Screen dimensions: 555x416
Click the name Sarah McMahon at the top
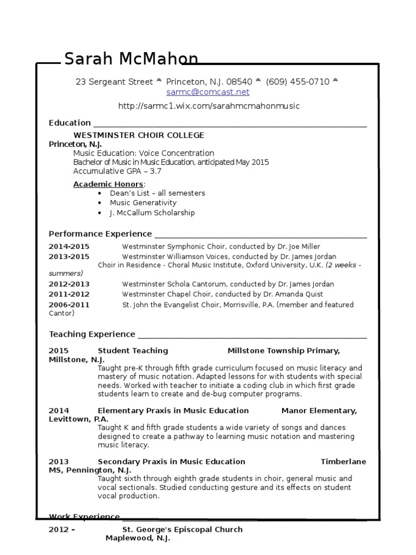[x=131, y=59]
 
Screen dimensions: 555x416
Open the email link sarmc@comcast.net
[x=207, y=92]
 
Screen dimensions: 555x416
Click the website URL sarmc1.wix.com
[x=209, y=106]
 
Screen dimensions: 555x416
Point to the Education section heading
[x=70, y=122]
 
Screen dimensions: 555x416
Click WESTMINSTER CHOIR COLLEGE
[x=139, y=135]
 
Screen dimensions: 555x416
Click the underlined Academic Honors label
[x=108, y=184]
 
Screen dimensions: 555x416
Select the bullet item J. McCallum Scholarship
[x=152, y=213]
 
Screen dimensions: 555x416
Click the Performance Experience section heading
[x=100, y=234]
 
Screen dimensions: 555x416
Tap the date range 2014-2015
[x=69, y=246]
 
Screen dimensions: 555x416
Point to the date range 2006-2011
[x=69, y=305]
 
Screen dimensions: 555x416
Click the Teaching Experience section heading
[x=92, y=334]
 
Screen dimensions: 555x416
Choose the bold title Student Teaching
[x=133, y=351]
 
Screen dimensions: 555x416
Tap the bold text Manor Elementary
[x=319, y=410]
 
